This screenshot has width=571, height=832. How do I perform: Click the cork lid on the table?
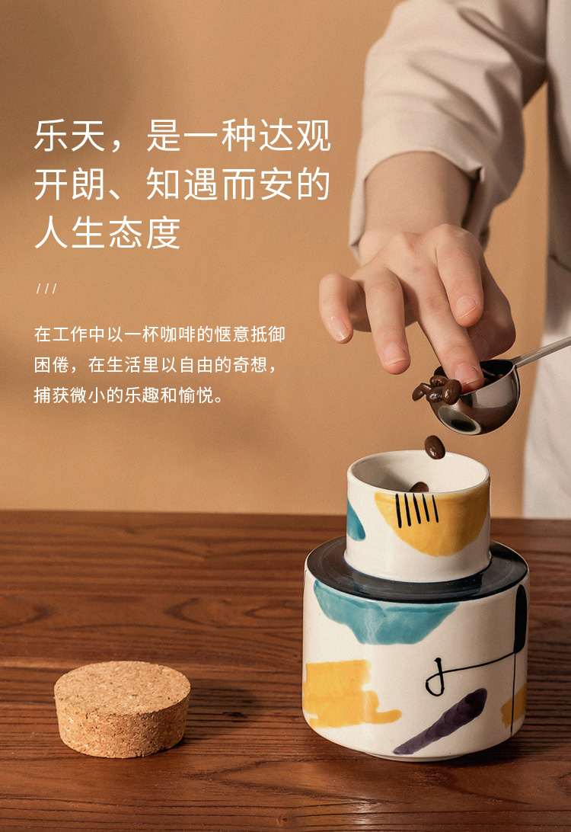122,709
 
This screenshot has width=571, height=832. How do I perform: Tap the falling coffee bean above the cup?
435,446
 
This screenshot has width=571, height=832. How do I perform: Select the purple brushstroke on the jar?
441,722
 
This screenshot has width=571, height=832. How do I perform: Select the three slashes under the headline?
46,289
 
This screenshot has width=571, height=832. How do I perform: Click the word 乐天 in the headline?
70,136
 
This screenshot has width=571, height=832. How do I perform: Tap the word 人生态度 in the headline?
107,232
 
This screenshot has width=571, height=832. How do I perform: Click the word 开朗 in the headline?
70,184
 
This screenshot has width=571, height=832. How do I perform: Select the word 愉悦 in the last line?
196,395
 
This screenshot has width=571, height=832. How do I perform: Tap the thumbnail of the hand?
465,306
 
